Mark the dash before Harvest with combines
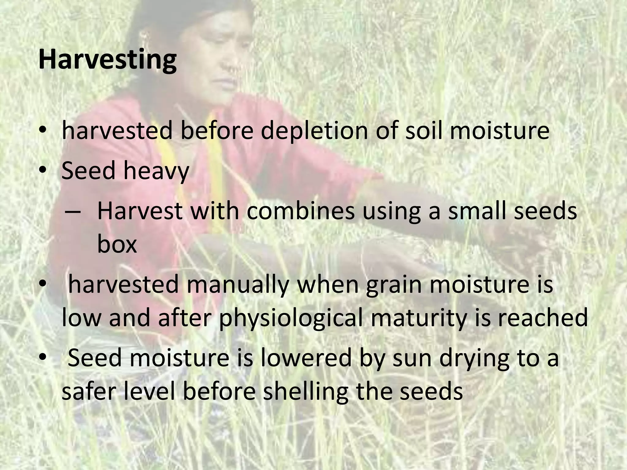73,212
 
